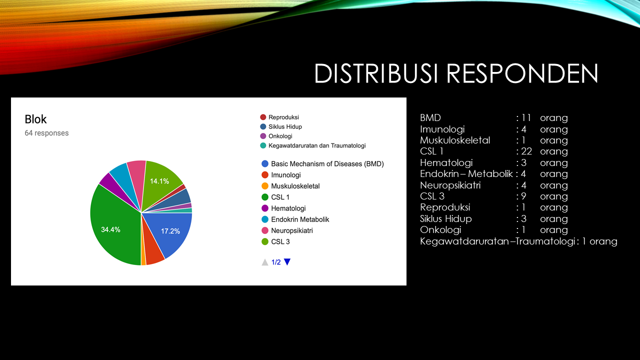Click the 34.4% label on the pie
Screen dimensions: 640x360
pos(110,229)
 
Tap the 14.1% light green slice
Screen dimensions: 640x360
pos(160,183)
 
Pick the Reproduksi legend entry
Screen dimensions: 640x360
pos(279,117)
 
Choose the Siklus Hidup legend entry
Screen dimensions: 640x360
pos(281,126)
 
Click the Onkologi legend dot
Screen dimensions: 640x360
pos(263,136)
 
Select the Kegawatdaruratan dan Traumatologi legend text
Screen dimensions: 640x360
pos(317,145)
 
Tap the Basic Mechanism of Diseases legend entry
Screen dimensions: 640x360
pos(322,163)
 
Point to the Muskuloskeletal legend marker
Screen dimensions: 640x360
pos(265,186)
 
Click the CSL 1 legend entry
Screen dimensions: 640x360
pos(275,197)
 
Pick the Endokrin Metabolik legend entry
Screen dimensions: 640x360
pos(295,219)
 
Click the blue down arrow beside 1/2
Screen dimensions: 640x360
pos(287,261)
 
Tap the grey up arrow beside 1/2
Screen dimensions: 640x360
pos(265,262)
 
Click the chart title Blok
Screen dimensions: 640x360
pos(35,119)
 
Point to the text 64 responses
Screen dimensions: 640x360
pos(46,133)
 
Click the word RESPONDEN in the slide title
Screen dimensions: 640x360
pos(522,73)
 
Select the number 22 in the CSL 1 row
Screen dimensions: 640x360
pos(526,151)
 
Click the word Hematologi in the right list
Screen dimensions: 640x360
pos(446,163)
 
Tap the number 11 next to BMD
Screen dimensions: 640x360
pos(526,117)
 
